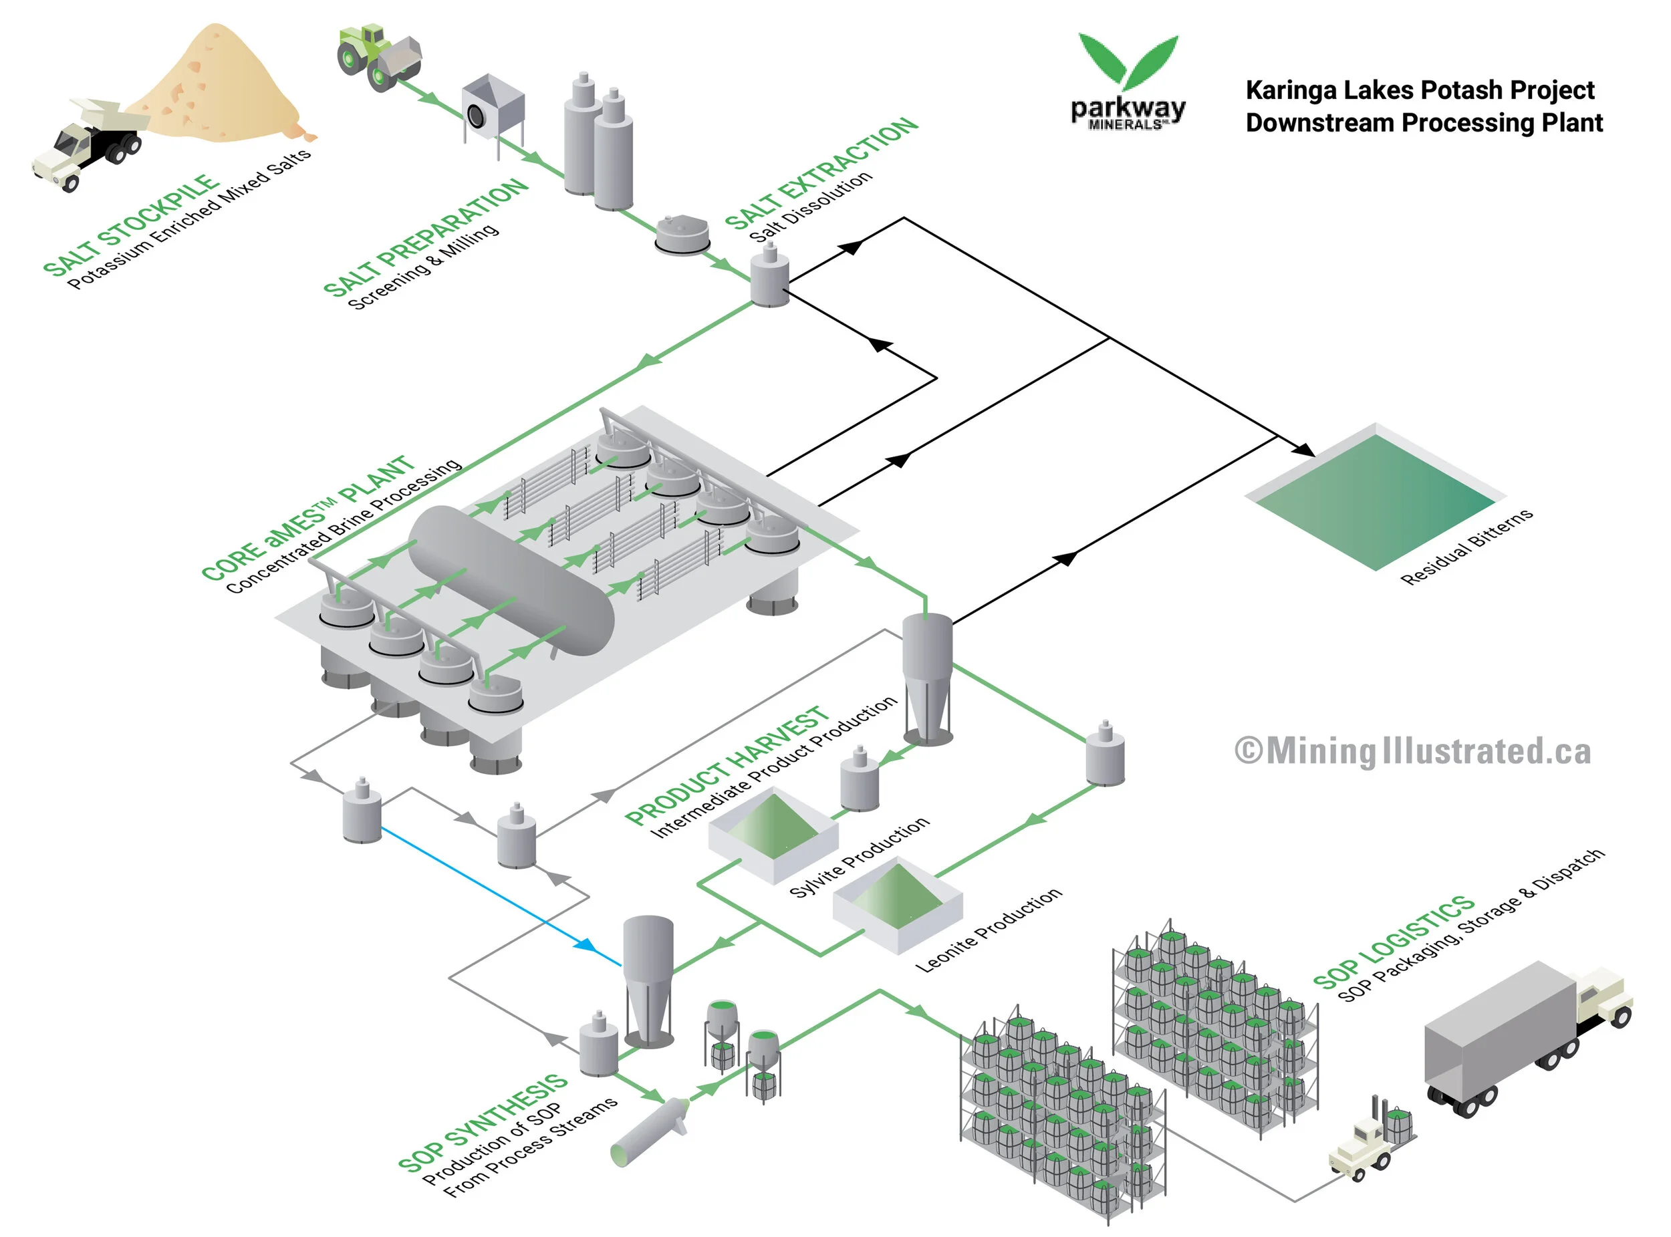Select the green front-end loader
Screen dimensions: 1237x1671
(x=377, y=57)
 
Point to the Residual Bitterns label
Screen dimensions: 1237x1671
(x=1466, y=547)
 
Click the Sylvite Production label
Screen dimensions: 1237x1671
(x=859, y=857)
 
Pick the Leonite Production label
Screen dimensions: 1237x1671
(x=988, y=930)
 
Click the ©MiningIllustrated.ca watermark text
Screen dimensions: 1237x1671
(x=1412, y=752)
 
